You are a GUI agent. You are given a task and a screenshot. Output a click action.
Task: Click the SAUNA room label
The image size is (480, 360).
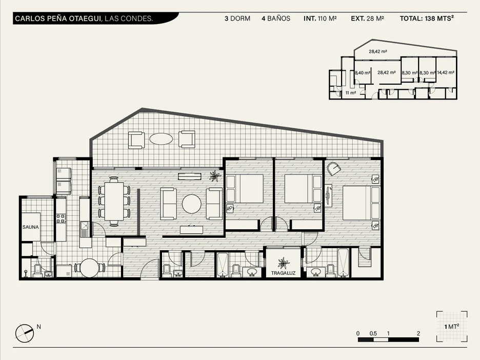click(x=31, y=227)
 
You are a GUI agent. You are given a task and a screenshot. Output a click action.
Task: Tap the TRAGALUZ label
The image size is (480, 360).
click(x=283, y=273)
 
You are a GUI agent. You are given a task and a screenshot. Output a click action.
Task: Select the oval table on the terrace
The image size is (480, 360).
click(x=161, y=138)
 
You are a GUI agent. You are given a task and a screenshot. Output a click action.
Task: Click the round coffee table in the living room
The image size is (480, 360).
click(x=192, y=204)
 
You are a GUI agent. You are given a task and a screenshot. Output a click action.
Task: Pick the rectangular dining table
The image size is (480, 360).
click(x=114, y=201)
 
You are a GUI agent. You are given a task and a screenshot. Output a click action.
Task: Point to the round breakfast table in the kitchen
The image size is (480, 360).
click(x=90, y=268)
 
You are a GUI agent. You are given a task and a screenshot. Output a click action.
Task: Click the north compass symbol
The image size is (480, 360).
click(x=25, y=333)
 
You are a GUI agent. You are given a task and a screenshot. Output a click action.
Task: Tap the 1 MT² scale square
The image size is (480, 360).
click(x=452, y=326)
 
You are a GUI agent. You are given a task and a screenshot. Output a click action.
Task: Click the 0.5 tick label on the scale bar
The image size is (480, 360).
click(x=373, y=333)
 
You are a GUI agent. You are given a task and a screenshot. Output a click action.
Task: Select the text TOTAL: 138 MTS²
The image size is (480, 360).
click(x=427, y=18)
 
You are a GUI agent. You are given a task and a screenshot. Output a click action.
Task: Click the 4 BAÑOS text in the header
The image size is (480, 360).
click(x=276, y=18)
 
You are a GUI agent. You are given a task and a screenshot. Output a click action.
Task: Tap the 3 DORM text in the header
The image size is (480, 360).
click(x=237, y=18)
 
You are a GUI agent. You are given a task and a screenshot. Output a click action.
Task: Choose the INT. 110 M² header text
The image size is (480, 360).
click(x=320, y=18)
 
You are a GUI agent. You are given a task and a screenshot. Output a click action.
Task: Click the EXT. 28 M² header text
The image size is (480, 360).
click(x=367, y=18)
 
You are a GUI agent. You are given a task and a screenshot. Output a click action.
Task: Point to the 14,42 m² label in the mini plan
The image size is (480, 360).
click(x=446, y=72)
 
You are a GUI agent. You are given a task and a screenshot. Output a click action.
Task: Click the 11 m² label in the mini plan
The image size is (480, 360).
click(x=351, y=93)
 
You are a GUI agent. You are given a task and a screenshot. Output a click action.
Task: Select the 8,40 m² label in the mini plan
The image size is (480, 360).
click(x=363, y=73)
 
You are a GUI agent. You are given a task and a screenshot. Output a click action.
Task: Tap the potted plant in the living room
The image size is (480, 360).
click(x=215, y=176)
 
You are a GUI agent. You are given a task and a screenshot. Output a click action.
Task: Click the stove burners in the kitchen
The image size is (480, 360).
click(x=61, y=218)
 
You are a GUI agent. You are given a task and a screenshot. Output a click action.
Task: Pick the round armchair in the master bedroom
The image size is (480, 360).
click(x=334, y=169)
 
